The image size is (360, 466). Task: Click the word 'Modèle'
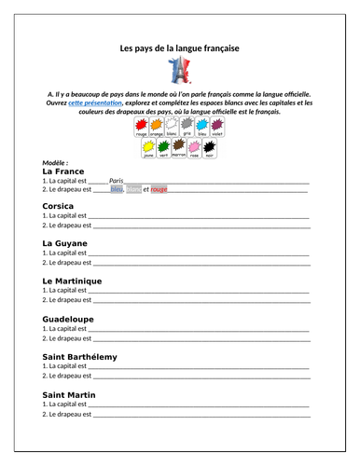pyautogui.click(x=55, y=162)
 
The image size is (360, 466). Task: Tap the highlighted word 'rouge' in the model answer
pyautogui.click(x=159, y=190)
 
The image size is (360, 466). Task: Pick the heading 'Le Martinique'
pyautogui.click(x=73, y=281)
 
